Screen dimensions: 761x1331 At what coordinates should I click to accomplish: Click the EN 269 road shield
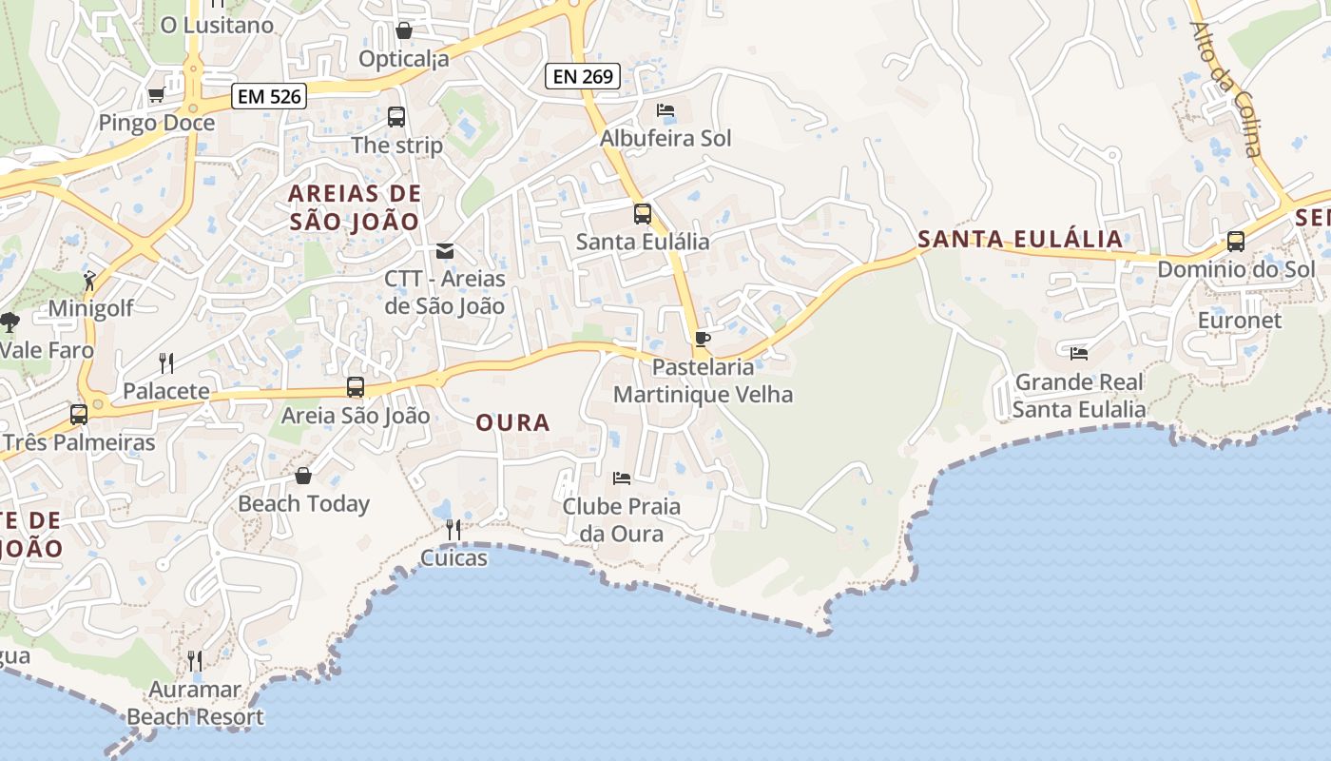pyautogui.click(x=583, y=76)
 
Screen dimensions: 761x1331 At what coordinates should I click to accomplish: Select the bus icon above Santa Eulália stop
pyautogui.click(x=643, y=214)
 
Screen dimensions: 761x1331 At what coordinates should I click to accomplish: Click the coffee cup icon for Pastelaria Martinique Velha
pyautogui.click(x=703, y=339)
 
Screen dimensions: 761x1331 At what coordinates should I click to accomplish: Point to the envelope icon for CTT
pyautogui.click(x=444, y=251)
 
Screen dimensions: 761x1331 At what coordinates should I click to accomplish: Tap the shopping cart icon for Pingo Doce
pyautogui.click(x=157, y=95)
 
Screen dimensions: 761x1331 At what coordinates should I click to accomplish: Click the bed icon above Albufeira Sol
pyautogui.click(x=665, y=110)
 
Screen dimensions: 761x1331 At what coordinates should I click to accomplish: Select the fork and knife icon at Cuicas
pyautogui.click(x=453, y=529)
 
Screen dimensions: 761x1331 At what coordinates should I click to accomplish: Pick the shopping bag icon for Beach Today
pyautogui.click(x=303, y=476)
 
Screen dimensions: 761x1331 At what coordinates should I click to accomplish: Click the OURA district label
pyautogui.click(x=512, y=422)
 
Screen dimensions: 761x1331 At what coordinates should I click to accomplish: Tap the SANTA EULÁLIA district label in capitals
pyautogui.click(x=1020, y=239)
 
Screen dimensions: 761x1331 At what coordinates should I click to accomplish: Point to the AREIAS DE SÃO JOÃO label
pyautogui.click(x=354, y=207)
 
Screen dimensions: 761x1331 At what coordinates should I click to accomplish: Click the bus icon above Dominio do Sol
pyautogui.click(x=1236, y=242)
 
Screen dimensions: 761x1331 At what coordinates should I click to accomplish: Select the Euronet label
pyautogui.click(x=1239, y=320)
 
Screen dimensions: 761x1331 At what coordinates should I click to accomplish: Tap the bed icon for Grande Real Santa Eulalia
pyautogui.click(x=1079, y=353)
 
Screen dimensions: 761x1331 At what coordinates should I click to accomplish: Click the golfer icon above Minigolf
pyautogui.click(x=89, y=281)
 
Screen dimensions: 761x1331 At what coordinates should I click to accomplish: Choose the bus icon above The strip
pyautogui.click(x=396, y=117)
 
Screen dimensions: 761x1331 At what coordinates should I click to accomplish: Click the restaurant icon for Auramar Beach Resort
pyautogui.click(x=195, y=660)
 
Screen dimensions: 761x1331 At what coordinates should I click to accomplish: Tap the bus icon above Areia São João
pyautogui.click(x=356, y=387)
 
